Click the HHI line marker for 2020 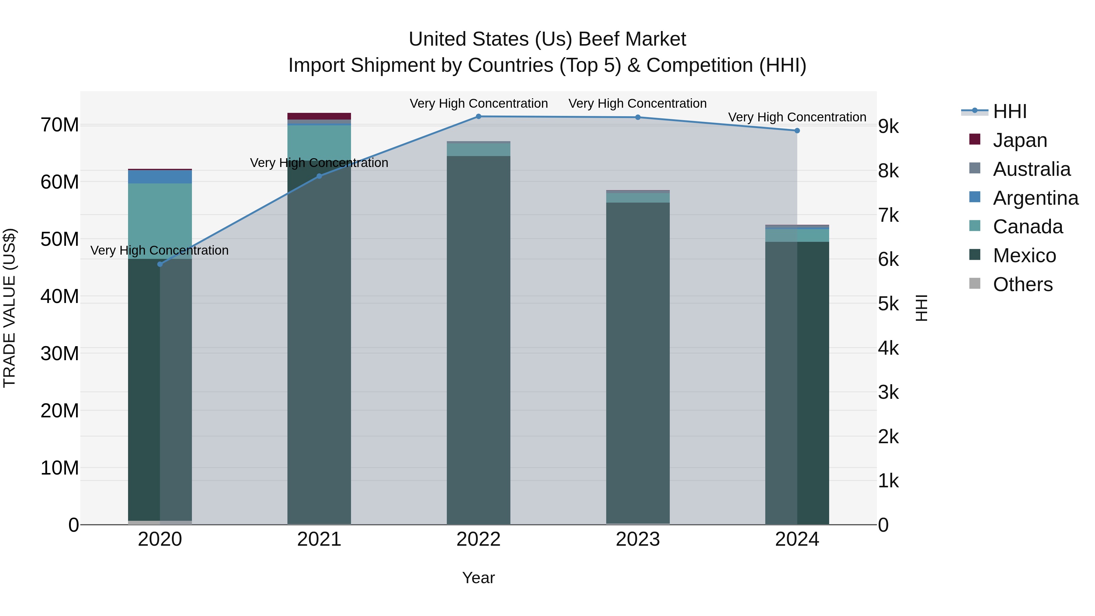[x=160, y=264]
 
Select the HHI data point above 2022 [x=478, y=117]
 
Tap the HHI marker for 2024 [x=797, y=131]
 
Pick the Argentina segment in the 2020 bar [x=160, y=177]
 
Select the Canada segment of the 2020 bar [x=160, y=221]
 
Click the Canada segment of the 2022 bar [x=478, y=150]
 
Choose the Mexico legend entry [x=1024, y=256]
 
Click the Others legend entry [x=1022, y=284]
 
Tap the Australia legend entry [x=1031, y=169]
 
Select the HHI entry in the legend [x=1010, y=111]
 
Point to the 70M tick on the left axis [x=60, y=125]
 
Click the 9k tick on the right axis [x=888, y=127]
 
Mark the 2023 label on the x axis [x=638, y=539]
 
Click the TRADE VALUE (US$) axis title [x=10, y=308]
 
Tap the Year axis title [x=478, y=578]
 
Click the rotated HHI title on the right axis [x=921, y=308]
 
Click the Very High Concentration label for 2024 [x=797, y=117]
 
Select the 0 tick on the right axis [x=883, y=525]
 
